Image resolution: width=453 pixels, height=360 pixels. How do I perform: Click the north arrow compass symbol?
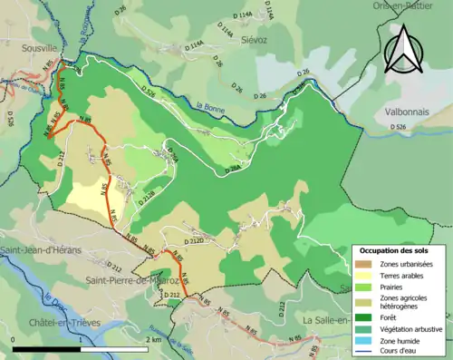click(x=403, y=49)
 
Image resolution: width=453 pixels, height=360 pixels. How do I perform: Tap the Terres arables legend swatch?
click(x=362, y=275)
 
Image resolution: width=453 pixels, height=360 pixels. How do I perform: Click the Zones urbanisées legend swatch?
click(x=362, y=263)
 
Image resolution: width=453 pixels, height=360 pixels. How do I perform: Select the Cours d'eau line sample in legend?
click(x=362, y=355)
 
